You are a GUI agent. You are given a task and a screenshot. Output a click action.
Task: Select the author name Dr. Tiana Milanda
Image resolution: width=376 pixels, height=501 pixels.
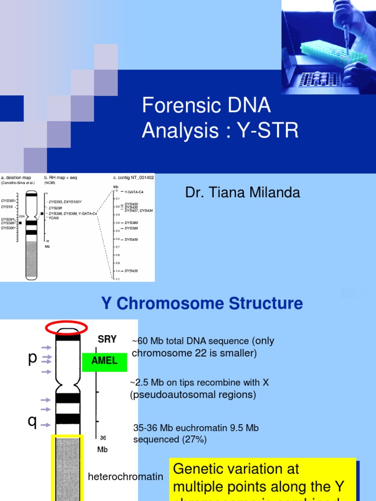242,193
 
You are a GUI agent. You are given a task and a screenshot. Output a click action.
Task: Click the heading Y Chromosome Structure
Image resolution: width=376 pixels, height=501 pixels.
202,303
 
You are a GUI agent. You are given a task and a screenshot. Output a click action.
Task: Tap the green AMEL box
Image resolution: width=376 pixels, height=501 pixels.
105,361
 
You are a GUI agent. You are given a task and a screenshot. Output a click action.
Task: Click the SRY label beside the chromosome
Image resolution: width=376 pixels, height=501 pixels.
107,339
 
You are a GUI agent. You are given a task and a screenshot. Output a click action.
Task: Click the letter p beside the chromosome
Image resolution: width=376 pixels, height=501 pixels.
32,358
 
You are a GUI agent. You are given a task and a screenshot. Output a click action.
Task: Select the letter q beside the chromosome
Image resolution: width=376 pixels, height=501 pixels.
32,421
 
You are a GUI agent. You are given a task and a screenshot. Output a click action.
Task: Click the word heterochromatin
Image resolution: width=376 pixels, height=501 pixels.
125,477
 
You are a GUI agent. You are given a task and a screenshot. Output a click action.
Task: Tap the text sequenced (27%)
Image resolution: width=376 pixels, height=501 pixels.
170,439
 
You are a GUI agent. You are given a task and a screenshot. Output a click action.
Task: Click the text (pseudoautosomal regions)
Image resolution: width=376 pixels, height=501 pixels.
193,394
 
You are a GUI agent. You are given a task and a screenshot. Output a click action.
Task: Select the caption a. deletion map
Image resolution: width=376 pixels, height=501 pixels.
18,178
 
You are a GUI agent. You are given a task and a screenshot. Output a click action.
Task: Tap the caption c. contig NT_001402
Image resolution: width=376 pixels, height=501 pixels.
133,178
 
